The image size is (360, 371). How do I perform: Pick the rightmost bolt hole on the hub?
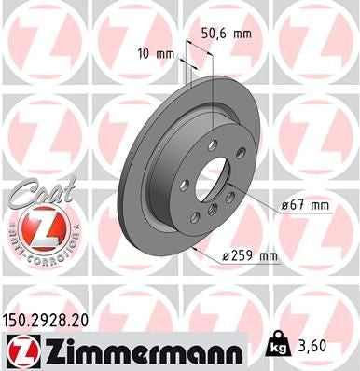tap(241, 153)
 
